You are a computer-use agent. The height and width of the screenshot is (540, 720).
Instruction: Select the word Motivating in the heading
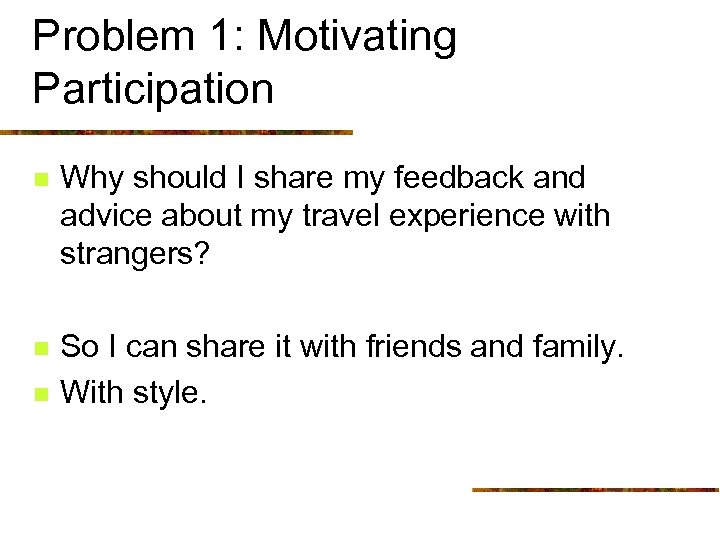click(356, 38)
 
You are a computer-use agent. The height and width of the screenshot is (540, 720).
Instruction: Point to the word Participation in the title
click(153, 88)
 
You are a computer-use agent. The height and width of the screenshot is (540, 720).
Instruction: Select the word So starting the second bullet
click(79, 348)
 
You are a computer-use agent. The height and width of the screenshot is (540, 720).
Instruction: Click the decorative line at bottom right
click(595, 489)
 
